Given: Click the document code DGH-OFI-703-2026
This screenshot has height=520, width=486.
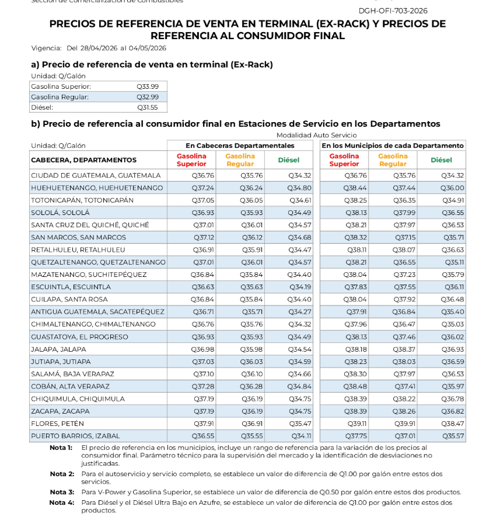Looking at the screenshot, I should click(x=393, y=11).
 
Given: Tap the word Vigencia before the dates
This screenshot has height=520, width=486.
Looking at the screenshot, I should click(x=46, y=48).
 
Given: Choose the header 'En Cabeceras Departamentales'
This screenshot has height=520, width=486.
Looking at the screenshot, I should click(x=240, y=145).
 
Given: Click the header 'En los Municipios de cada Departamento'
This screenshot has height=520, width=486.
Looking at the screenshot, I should click(x=393, y=145).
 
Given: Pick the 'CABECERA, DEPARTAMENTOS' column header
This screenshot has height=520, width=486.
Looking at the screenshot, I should click(x=83, y=160).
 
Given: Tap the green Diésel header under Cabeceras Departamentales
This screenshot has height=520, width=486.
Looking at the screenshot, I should click(x=289, y=160).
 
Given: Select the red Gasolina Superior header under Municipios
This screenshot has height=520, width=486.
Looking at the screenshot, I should click(x=344, y=160).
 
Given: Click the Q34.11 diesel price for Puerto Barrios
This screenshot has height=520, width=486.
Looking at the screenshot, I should click(x=302, y=436).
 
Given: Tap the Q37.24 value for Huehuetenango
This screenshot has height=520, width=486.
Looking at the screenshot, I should click(x=202, y=188).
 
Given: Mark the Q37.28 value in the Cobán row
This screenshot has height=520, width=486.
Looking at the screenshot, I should click(x=202, y=386).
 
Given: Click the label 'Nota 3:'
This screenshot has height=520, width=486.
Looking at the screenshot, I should click(x=62, y=492).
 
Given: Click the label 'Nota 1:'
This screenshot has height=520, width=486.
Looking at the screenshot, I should click(x=62, y=447).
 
